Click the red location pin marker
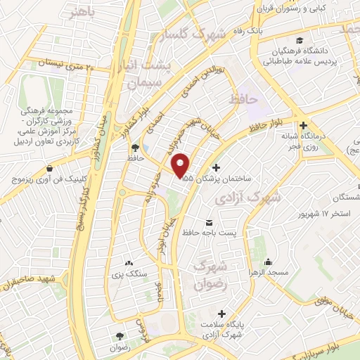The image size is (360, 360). coord(181,165)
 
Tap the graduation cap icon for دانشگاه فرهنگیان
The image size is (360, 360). coord(300,39)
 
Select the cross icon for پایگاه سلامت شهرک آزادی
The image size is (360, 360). coord(224,314)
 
